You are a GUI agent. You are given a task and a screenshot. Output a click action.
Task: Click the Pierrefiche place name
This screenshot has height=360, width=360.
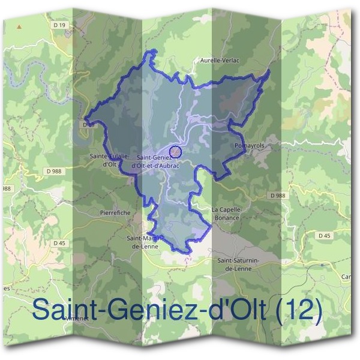115,212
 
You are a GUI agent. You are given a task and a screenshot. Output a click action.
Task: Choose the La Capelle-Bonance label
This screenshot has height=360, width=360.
226,213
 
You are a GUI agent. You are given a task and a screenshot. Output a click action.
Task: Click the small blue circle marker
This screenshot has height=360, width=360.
175,151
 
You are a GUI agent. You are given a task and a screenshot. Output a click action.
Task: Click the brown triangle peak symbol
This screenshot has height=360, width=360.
20,26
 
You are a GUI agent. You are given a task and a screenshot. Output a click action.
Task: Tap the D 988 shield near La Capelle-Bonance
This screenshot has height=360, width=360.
277,196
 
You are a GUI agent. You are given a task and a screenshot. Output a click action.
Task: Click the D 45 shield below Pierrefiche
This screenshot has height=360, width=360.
59,243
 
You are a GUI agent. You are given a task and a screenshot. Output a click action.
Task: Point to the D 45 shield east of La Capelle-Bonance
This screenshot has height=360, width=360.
323,236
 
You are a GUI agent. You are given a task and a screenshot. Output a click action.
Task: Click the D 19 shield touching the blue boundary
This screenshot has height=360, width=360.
88,124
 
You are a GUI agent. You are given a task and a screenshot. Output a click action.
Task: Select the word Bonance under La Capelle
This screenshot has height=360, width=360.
226,217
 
